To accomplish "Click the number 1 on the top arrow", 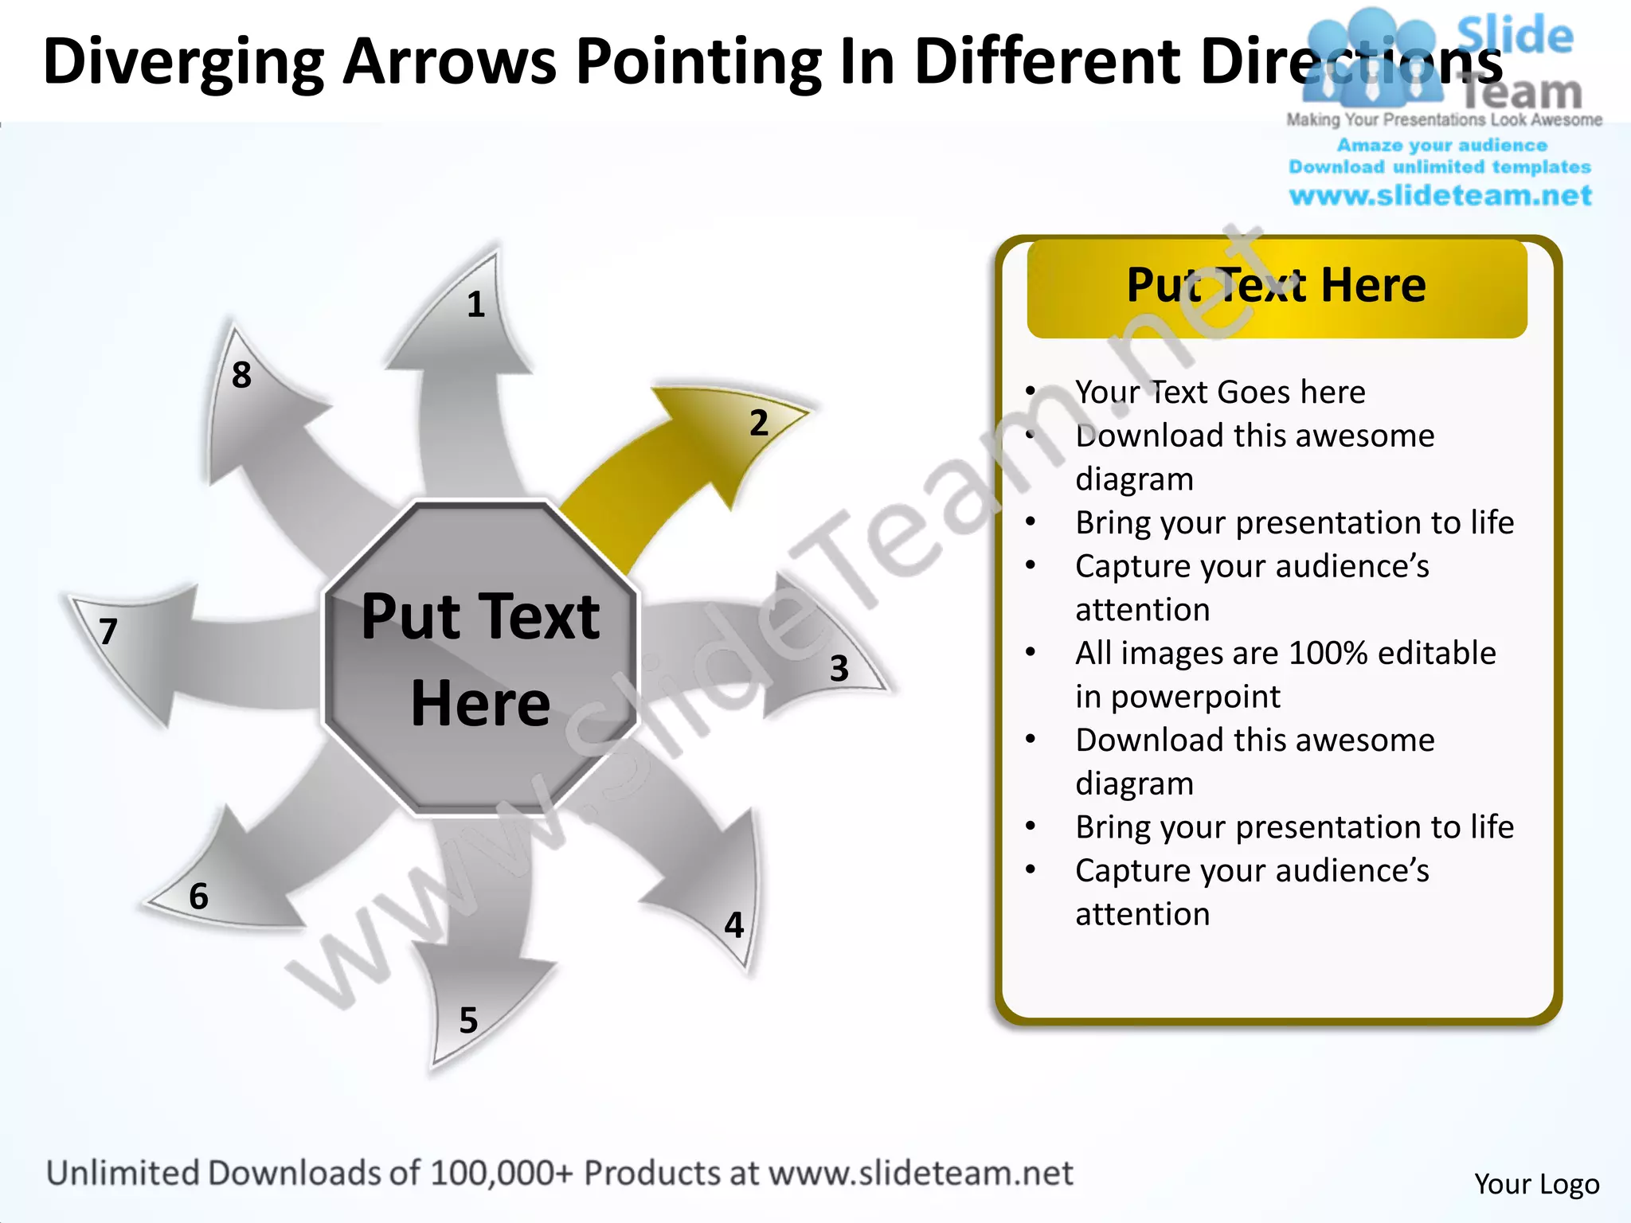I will tap(475, 305).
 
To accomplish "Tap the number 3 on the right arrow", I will tap(839, 669).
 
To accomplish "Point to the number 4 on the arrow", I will tap(733, 925).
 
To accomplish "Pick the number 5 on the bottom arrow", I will tap(468, 1021).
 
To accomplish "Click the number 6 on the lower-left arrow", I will tap(198, 897).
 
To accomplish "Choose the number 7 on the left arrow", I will tap(108, 632).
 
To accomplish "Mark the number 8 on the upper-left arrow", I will tap(241, 375).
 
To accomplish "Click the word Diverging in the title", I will tap(183, 62).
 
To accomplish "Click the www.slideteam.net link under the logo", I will tap(1440, 196).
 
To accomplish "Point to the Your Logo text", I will tap(1536, 1184).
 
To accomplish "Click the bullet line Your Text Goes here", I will tap(1219, 392).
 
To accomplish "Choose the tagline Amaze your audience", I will tap(1441, 146).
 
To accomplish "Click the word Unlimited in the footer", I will tap(123, 1174).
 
